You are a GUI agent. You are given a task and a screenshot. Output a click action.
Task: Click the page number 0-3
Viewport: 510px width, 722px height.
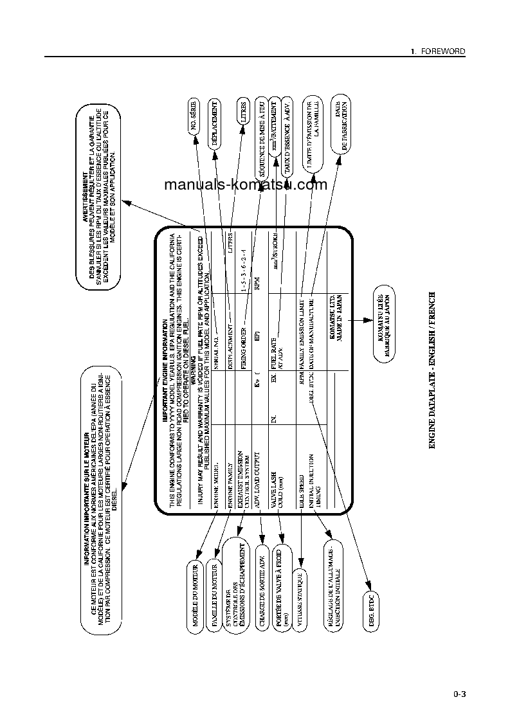coord(459,694)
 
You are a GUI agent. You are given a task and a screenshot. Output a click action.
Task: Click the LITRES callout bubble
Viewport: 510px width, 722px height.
coord(242,114)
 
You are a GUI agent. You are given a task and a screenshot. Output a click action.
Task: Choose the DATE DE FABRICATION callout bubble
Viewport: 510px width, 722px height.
coord(341,126)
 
